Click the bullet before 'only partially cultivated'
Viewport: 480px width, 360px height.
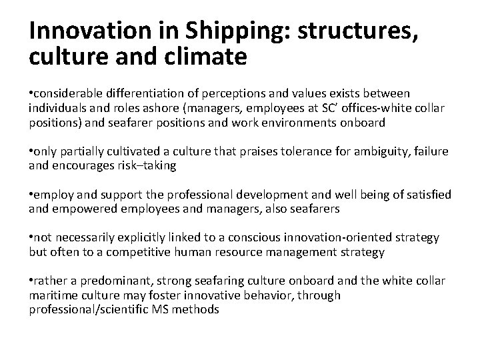tap(31, 153)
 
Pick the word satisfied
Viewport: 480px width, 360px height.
tap(427, 194)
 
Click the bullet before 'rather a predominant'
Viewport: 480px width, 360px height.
tap(31, 281)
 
